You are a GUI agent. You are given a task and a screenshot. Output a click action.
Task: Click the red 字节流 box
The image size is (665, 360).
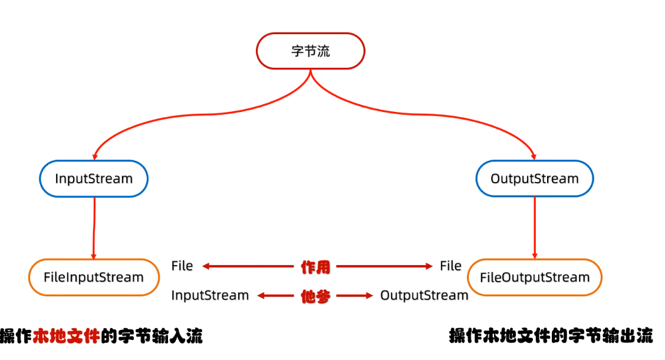pos(311,51)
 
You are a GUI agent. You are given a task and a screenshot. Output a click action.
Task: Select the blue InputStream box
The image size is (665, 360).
pos(94,179)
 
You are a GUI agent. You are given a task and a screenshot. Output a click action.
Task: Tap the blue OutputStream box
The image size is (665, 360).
pos(534,179)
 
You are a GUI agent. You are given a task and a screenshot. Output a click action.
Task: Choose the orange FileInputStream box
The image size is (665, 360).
pos(94,277)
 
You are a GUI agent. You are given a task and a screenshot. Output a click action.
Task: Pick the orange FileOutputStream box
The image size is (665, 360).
pos(534,277)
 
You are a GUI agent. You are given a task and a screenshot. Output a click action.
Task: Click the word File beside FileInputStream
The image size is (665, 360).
pos(182,266)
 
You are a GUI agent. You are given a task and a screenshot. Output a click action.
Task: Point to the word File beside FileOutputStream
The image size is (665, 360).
pos(450,266)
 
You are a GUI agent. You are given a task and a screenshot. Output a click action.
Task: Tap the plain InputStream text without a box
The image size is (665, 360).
pos(210,295)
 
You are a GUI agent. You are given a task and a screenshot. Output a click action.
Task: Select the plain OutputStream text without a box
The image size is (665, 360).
pos(424,295)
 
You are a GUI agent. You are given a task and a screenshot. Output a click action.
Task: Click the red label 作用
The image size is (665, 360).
pos(315,267)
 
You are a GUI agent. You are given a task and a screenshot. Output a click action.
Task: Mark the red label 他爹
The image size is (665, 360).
pos(315,296)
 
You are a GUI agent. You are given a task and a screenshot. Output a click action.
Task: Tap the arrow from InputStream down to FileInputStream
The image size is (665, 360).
pos(94,227)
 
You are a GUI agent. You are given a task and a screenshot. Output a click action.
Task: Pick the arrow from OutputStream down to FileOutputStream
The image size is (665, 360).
pos(535,227)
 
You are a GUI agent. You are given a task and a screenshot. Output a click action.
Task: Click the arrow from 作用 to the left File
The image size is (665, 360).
pos(248,266)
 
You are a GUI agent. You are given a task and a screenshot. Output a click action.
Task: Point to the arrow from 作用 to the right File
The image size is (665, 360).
pos(383,266)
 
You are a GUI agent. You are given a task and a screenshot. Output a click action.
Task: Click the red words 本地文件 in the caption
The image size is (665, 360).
pos(66,336)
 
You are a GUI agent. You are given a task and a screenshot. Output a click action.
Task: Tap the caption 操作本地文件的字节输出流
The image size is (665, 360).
pos(551,336)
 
